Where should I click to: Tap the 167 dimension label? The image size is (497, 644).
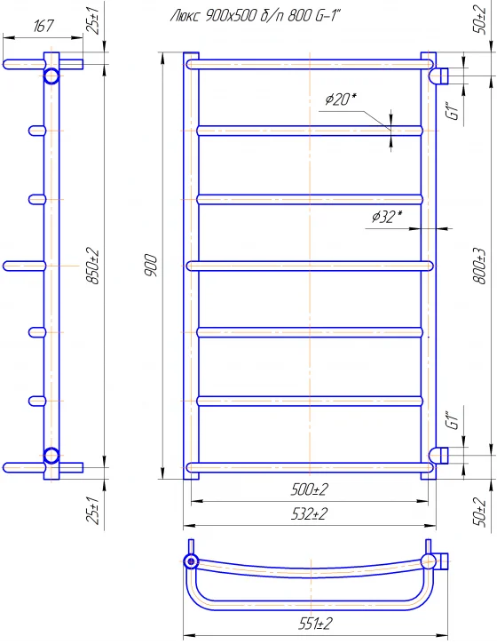43,26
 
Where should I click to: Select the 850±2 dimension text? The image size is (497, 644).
93,266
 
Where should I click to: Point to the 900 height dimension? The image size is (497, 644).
152,266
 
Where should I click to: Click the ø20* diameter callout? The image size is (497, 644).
341,99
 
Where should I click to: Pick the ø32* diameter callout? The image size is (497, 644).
387,217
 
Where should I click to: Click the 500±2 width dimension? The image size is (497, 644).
310,489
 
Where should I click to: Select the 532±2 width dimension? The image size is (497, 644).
310,513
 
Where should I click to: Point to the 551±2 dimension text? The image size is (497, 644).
315,624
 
